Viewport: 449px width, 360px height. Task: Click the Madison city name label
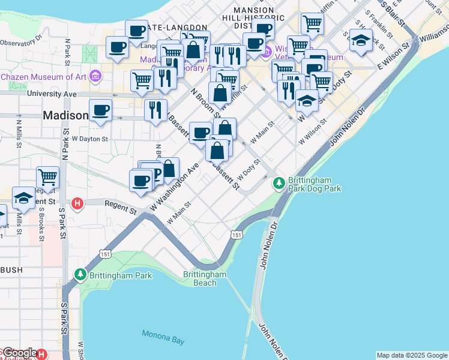(65, 115)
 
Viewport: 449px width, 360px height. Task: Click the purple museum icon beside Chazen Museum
(94, 76)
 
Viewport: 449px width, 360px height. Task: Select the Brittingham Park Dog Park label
(314, 184)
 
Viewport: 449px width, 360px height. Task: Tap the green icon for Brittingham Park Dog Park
(279, 182)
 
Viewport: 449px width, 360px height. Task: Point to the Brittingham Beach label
(205, 278)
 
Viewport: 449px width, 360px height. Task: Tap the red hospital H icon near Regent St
(77, 204)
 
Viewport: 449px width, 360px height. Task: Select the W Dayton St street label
(89, 139)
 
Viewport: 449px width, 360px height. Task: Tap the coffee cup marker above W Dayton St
(100, 110)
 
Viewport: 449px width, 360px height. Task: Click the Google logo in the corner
(19, 353)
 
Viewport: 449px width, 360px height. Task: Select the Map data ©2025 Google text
(412, 355)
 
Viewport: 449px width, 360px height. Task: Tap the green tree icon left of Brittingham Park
(80, 275)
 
